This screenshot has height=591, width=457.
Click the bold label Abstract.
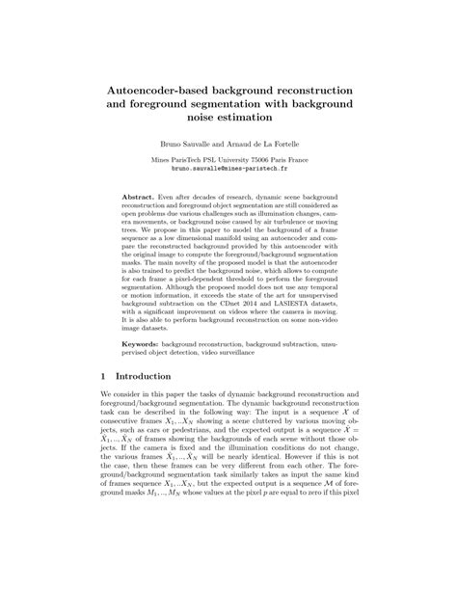[x=142, y=195]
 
